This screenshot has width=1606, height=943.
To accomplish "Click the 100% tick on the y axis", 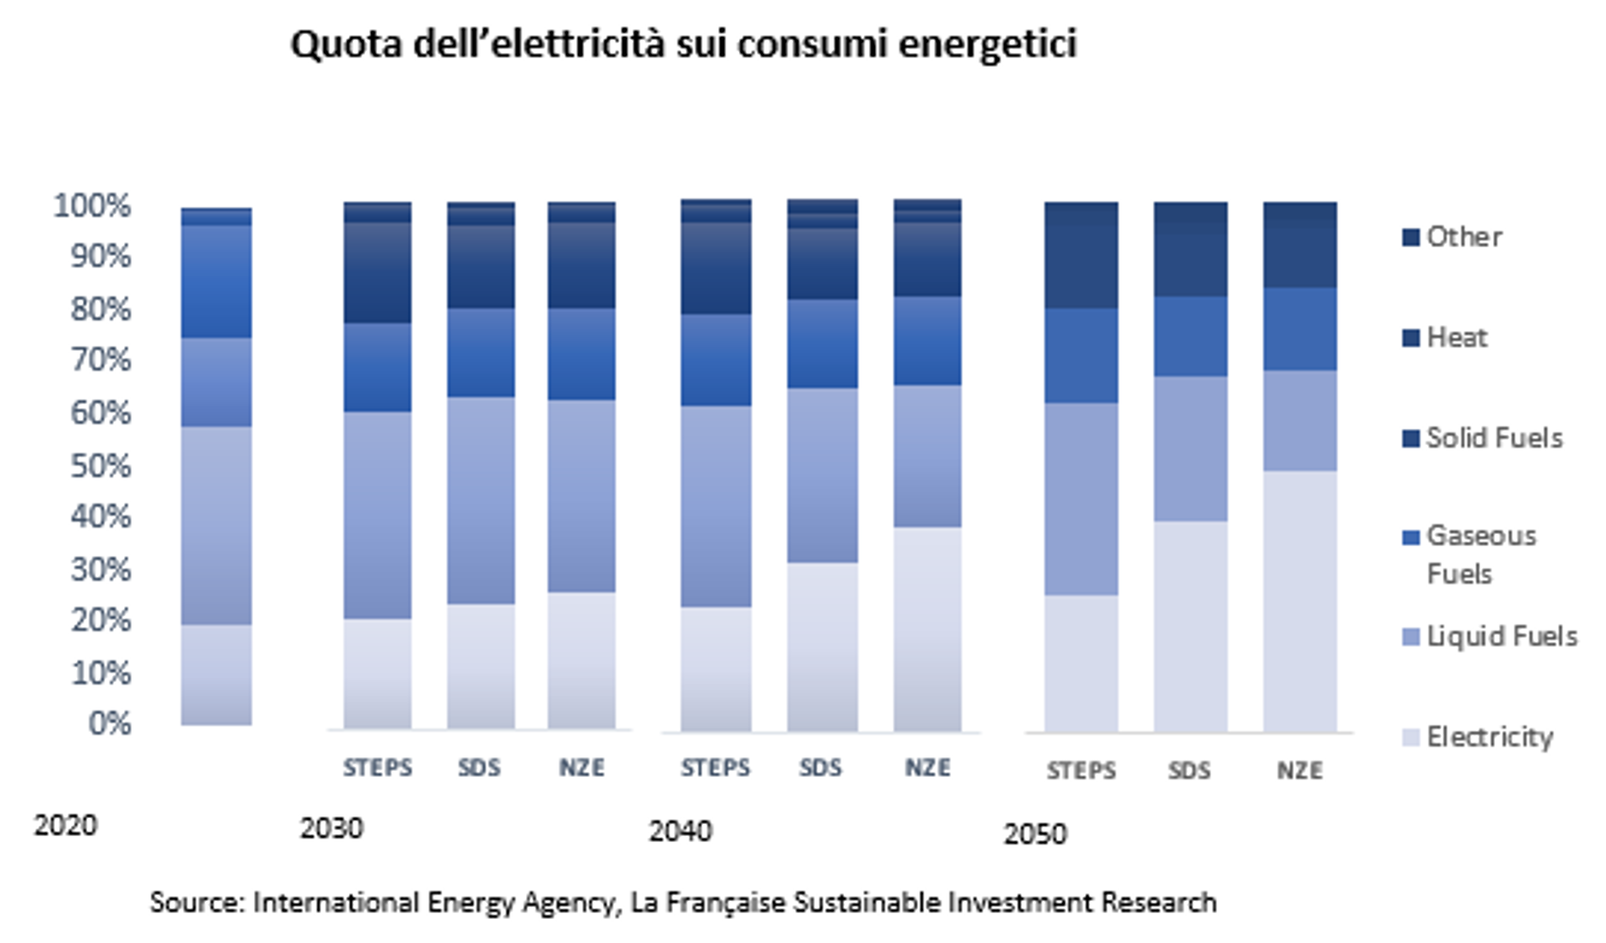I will pos(92,206).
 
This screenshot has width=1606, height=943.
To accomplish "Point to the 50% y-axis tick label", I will pos(101,466).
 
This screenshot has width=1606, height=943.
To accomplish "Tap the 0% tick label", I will pos(109,724).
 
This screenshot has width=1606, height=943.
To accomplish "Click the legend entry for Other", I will pos(1463,237).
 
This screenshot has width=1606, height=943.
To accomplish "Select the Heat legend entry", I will pos(1456,338).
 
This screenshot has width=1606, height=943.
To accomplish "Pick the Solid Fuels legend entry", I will pos(1493,438).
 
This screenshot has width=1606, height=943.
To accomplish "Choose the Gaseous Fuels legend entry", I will pos(1480,554).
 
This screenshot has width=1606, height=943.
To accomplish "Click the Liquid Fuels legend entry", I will pos(1501,637).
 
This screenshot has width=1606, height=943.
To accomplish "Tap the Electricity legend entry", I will pos(1489,737).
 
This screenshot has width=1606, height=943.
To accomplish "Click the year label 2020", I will pos(65,826).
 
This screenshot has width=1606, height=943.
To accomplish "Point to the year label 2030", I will pos(331,829).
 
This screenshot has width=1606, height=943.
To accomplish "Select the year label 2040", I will pos(680,832).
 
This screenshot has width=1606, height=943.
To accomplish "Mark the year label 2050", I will pos(1035,834).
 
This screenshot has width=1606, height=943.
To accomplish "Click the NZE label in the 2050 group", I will pos(1299,771).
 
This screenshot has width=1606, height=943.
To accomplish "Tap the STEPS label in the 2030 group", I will pos(377,768).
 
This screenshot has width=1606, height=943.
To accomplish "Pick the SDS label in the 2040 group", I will pos(820,768).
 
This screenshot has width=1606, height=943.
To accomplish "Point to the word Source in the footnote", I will pos(197,903).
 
